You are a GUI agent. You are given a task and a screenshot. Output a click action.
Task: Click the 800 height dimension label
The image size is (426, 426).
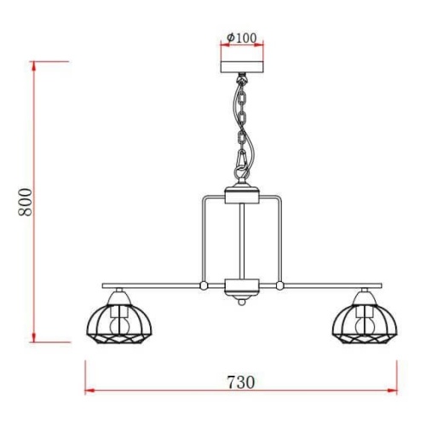pos(26,202)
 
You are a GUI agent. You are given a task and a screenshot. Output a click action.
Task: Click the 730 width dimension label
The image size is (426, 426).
pos(241,383)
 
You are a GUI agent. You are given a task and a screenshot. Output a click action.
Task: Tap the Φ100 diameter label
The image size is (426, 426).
pos(242,37)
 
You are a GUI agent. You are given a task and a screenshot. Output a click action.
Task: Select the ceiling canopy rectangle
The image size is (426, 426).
pos(242,67)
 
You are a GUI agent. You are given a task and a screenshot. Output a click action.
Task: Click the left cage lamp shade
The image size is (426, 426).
pos(119,324)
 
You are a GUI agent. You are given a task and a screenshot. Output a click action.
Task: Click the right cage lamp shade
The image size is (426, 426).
pos(365,324)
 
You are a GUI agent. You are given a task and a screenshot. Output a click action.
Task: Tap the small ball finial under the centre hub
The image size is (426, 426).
pos(241,302)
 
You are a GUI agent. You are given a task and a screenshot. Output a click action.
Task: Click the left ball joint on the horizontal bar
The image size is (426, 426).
pos(204,285)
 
